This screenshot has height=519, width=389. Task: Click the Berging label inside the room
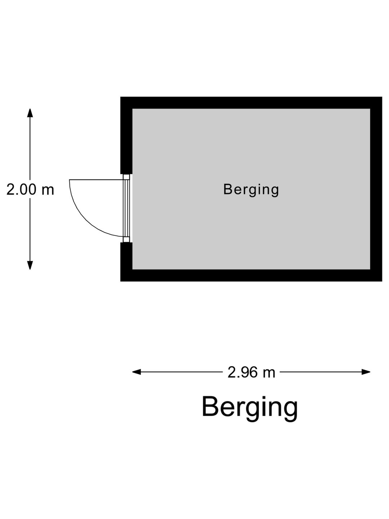click(251, 190)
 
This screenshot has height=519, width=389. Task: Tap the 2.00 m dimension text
click(30, 189)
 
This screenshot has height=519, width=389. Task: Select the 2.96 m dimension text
click(251, 372)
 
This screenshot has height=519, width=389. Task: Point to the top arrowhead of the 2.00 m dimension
click(30, 113)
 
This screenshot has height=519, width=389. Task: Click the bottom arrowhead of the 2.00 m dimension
click(30, 265)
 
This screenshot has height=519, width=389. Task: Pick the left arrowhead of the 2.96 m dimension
click(137, 372)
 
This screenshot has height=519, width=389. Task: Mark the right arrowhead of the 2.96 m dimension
click(366, 372)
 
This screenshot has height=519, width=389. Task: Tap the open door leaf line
click(96, 180)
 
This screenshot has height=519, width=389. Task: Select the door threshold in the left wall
click(126, 208)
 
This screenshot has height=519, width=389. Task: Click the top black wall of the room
click(251, 103)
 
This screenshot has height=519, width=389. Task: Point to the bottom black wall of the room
click(251, 275)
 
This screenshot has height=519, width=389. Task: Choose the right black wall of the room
click(376, 189)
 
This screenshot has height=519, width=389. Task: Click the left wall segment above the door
click(126, 136)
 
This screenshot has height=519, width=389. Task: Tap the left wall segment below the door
click(126, 262)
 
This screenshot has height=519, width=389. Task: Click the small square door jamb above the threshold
click(126, 177)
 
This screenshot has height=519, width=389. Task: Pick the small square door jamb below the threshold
click(126, 240)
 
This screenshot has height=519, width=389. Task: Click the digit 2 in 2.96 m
click(231, 372)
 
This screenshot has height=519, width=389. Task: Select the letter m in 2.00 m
click(48, 191)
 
